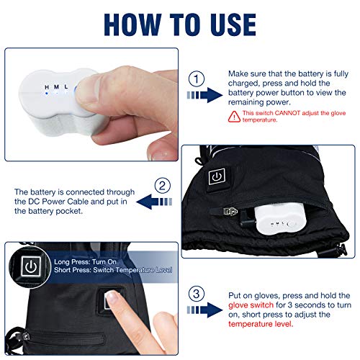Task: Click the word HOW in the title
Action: click(x=132, y=24)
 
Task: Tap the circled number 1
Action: click(x=197, y=78)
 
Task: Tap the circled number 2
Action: click(x=163, y=186)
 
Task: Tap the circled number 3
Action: click(x=197, y=294)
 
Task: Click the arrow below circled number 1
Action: click(x=204, y=95)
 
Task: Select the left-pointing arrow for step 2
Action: click(x=154, y=202)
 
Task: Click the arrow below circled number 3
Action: click(x=204, y=310)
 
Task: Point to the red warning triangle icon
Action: click(x=234, y=117)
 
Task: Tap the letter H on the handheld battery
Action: click(x=47, y=87)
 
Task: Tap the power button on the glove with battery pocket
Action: click(x=217, y=176)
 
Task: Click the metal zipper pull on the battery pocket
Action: click(x=230, y=211)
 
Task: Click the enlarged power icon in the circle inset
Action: click(x=30, y=266)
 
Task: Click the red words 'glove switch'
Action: click(x=251, y=305)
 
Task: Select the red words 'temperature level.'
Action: click(x=261, y=324)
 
